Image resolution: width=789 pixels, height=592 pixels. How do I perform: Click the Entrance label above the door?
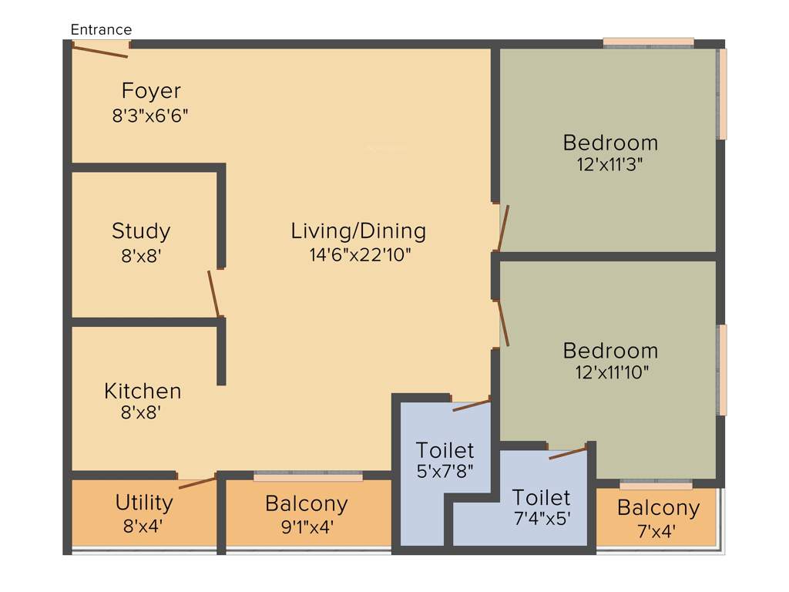101,30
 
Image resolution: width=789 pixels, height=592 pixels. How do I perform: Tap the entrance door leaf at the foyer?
100,50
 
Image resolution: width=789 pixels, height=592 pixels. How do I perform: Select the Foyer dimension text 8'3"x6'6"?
150,116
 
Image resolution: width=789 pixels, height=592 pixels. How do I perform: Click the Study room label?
141,230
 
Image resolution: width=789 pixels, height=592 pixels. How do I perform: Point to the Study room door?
214,294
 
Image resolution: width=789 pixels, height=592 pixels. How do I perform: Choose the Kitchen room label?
143,391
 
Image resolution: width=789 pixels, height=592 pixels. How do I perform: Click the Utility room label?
144,503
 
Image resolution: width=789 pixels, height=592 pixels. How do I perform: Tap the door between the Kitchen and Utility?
197,483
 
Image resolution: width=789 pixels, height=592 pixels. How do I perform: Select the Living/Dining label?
358,230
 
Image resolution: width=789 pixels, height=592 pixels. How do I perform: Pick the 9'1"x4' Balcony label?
307,504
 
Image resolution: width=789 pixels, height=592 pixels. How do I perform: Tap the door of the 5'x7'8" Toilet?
471,405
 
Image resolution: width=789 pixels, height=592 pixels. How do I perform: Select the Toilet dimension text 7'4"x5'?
542,519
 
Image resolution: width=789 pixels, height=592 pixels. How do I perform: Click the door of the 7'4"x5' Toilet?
568,453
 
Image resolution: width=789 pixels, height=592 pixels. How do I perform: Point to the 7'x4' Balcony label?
658,508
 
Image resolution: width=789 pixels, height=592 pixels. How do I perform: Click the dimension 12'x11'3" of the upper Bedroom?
610,164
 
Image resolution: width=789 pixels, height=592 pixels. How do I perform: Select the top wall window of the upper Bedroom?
648,43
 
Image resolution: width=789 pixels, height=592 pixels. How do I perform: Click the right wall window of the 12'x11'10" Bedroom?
722,370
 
